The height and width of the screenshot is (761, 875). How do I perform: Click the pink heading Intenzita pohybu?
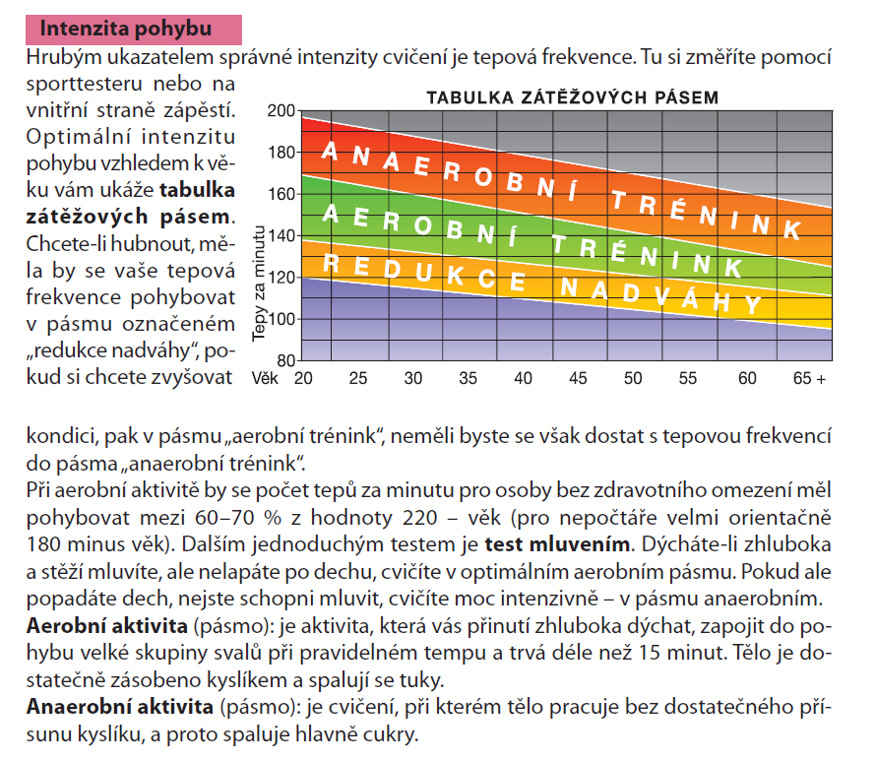coord(126,29)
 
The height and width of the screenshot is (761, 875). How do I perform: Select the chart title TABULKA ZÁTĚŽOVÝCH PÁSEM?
coord(573,97)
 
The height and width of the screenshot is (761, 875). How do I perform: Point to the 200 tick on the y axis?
coord(281,110)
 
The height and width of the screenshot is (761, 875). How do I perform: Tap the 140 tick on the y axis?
coord(281,235)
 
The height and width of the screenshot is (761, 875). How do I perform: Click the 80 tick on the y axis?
coord(285,360)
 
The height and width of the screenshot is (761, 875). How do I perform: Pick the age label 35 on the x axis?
coord(468,379)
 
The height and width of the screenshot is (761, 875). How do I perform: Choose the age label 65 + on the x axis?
coord(809,379)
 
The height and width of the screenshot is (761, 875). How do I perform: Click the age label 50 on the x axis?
coord(633,379)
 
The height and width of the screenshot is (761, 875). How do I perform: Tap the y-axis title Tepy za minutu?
coord(259,284)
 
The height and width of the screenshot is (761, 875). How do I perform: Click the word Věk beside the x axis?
coord(265,378)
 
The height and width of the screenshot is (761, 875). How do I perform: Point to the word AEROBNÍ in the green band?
coord(419,224)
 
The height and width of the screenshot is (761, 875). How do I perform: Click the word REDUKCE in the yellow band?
coord(424,271)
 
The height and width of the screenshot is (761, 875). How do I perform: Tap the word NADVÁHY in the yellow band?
coord(661,294)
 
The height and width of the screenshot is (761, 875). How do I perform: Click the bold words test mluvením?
coord(557,543)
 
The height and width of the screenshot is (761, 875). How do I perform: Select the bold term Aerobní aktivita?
coord(106,626)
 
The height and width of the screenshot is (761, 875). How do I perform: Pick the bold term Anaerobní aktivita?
coord(120,707)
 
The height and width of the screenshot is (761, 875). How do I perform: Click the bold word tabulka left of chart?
coord(197,190)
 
